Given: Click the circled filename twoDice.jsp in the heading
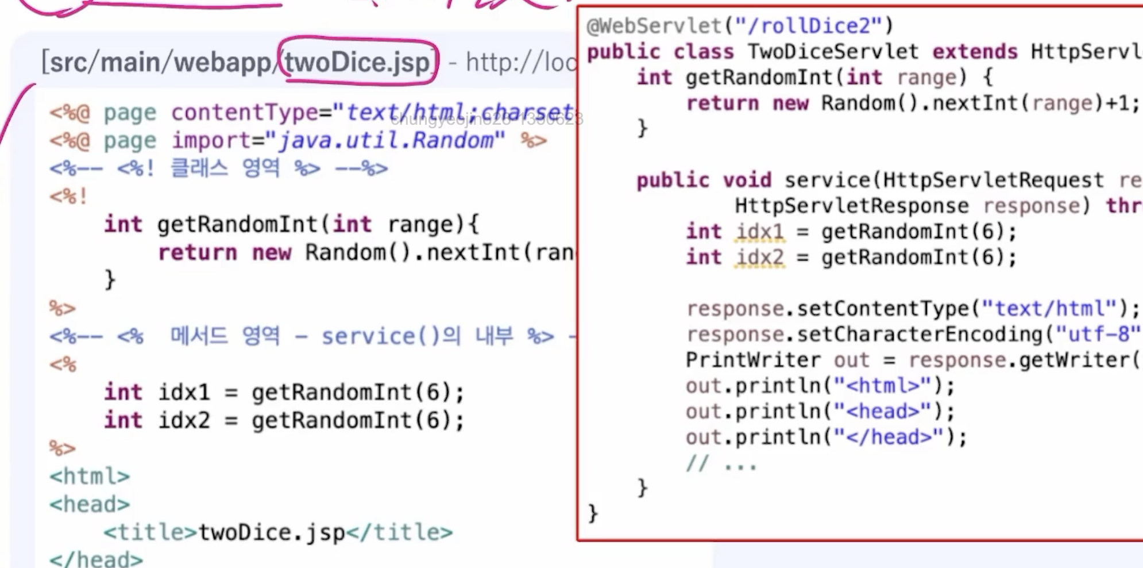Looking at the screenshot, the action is pos(357,62).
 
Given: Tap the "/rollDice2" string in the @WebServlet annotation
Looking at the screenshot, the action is pos(809,26).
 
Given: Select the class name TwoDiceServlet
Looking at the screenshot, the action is pos(833,52).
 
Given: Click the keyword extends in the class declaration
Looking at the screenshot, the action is pos(975,52).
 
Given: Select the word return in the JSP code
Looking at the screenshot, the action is pos(197,252).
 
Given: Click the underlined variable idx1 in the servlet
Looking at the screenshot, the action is pos(760,232).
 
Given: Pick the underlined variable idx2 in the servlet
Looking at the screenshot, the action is pos(760,257).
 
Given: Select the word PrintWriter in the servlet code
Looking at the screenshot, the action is pos(753,360).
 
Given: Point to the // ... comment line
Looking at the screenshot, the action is pos(721,463).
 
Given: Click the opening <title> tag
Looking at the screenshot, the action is pos(150,532).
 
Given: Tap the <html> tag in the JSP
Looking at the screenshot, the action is pos(90,477).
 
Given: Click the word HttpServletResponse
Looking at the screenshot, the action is pos(852,206).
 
